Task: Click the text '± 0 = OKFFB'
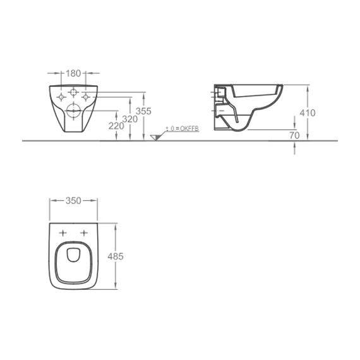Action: coord(182,128)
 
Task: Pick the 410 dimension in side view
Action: coord(307,113)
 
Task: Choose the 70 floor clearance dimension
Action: coord(294,135)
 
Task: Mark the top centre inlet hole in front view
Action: coord(73,90)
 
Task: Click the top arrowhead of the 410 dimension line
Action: coord(307,85)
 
